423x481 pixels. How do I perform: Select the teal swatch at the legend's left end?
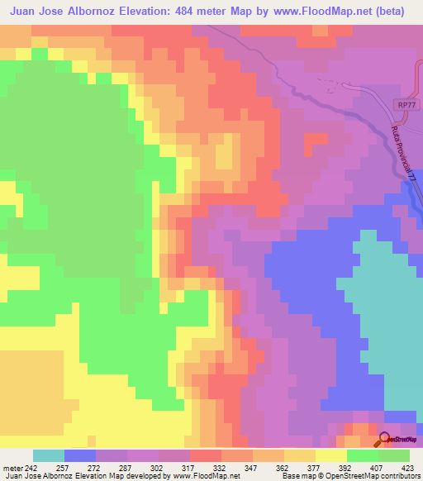click(49, 455)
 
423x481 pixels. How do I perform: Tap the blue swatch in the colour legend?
click(80, 455)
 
